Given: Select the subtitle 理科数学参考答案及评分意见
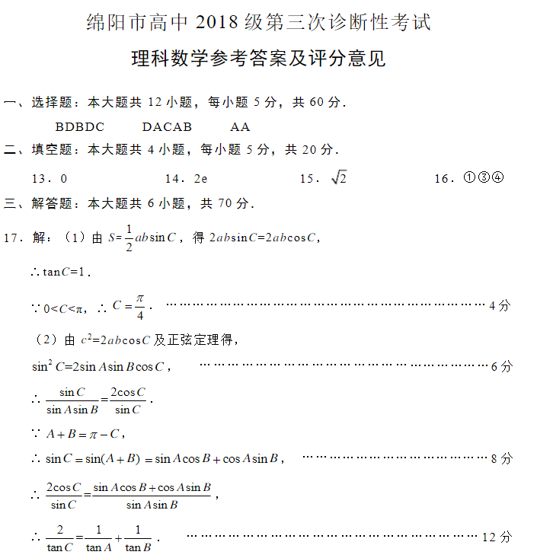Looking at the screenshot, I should [258, 59].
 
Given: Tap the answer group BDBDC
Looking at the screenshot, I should [80, 126].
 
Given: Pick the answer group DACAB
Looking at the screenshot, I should [167, 126].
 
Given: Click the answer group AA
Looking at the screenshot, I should [240, 126].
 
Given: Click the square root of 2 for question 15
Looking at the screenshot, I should [339, 177].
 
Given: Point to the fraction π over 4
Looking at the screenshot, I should [139, 306].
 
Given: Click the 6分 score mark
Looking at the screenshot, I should [502, 366].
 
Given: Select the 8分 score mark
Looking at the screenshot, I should [502, 458].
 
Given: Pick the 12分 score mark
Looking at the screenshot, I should [497, 537].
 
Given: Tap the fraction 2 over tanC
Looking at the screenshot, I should [59, 538].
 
